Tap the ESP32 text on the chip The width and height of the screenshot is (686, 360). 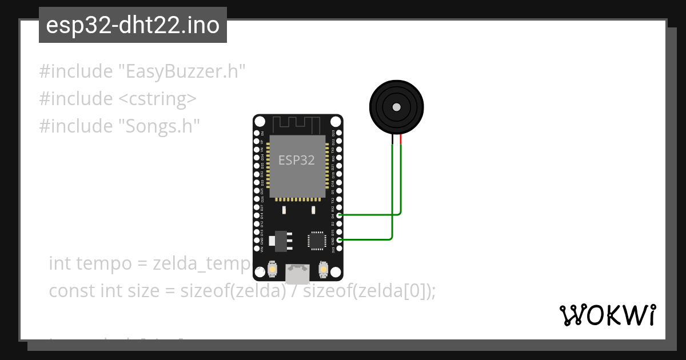[x=296, y=160]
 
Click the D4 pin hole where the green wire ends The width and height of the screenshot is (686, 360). [x=340, y=215]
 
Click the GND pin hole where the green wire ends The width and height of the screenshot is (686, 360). [x=340, y=240]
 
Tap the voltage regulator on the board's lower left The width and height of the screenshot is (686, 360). [x=281, y=240]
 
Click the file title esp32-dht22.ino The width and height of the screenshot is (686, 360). [x=133, y=26]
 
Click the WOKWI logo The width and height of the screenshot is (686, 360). [x=607, y=315]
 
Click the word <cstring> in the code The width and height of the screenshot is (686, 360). [x=157, y=99]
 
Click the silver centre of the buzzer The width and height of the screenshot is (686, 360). [x=396, y=106]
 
